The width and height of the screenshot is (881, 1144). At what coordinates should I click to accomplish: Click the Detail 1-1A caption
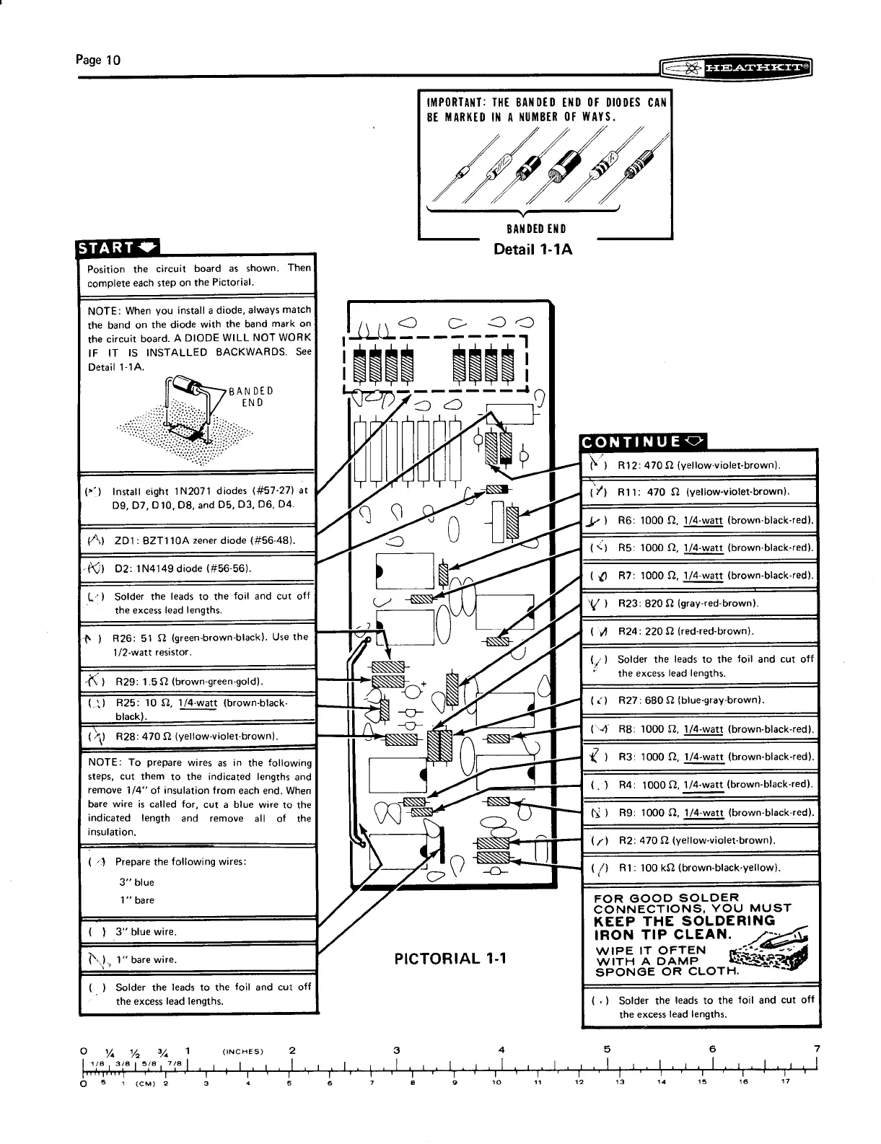pyautogui.click(x=532, y=250)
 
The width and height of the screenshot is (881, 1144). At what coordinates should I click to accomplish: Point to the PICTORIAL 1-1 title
pyautogui.click(x=450, y=958)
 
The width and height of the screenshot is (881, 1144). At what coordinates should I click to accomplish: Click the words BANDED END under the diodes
pyautogui.click(x=537, y=229)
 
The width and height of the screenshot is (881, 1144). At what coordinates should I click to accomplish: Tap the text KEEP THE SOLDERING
pyautogui.click(x=683, y=921)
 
